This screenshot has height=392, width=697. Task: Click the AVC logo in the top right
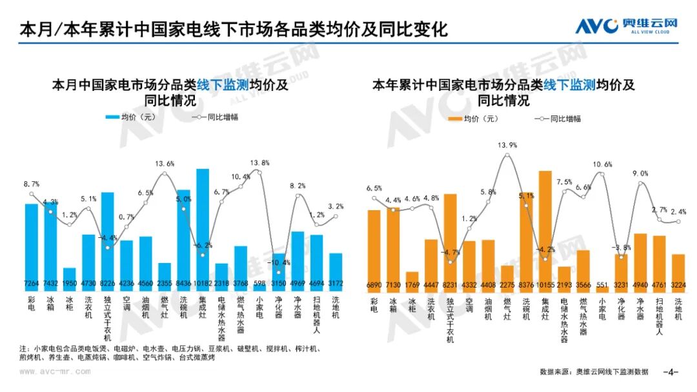click(626, 26)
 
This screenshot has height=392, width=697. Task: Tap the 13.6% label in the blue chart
click(165, 164)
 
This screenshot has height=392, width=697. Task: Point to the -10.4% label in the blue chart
click(279, 262)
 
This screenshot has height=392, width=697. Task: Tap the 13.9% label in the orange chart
click(508, 145)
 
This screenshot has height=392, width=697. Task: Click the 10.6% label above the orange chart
click(602, 164)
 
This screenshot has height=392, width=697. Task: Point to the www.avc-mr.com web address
click(54, 371)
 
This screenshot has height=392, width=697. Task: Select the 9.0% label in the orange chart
click(640, 173)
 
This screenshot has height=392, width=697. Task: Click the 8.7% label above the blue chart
click(31, 184)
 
